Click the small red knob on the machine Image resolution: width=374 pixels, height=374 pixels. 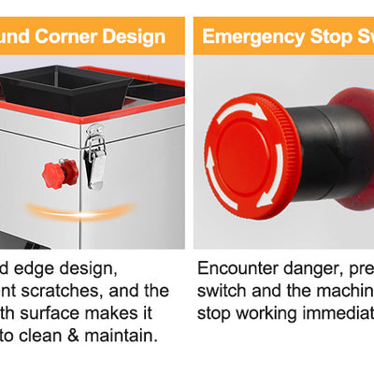58,173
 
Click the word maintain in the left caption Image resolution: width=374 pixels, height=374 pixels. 124,334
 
